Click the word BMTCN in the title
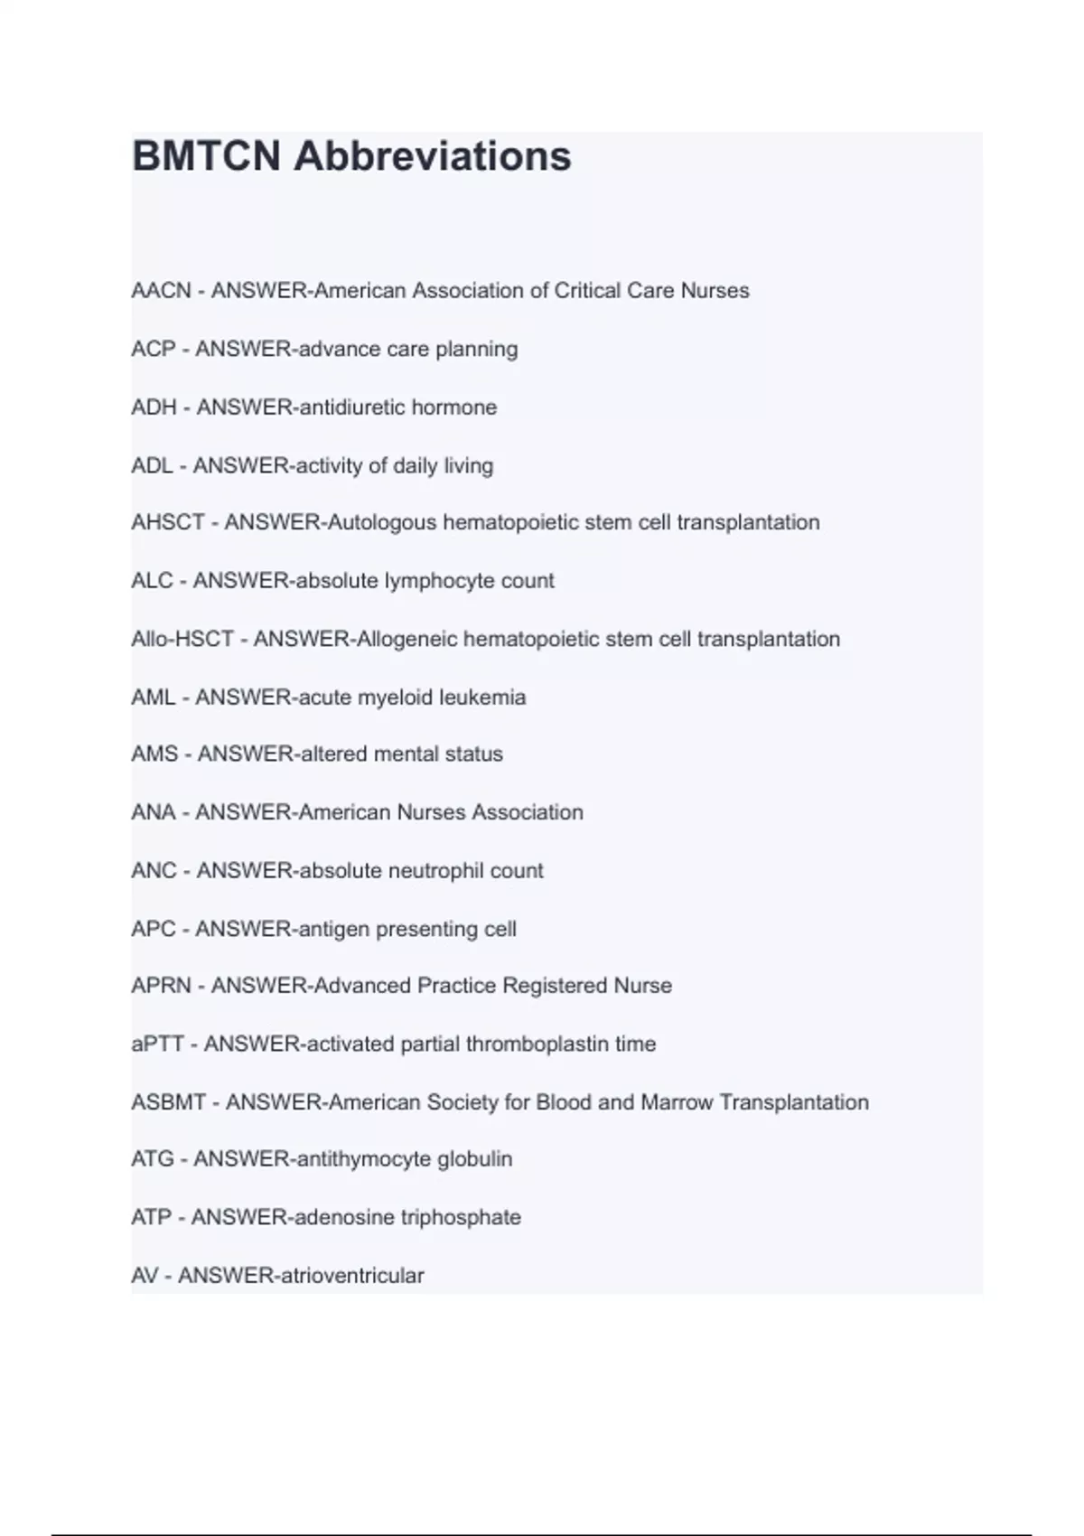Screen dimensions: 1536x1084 [206, 156]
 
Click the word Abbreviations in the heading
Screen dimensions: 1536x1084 [433, 156]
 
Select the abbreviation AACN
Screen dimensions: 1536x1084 [161, 291]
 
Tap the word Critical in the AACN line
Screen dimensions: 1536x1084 [587, 291]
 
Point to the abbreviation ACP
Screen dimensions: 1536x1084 [153, 349]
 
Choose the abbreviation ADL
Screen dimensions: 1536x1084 [152, 466]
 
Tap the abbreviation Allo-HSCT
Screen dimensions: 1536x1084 [182, 639]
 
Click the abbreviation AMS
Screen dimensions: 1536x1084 [154, 754]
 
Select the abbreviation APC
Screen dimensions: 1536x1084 [153, 929]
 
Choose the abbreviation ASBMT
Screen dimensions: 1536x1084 [168, 1102]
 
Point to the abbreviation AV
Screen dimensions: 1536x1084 [145, 1276]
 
